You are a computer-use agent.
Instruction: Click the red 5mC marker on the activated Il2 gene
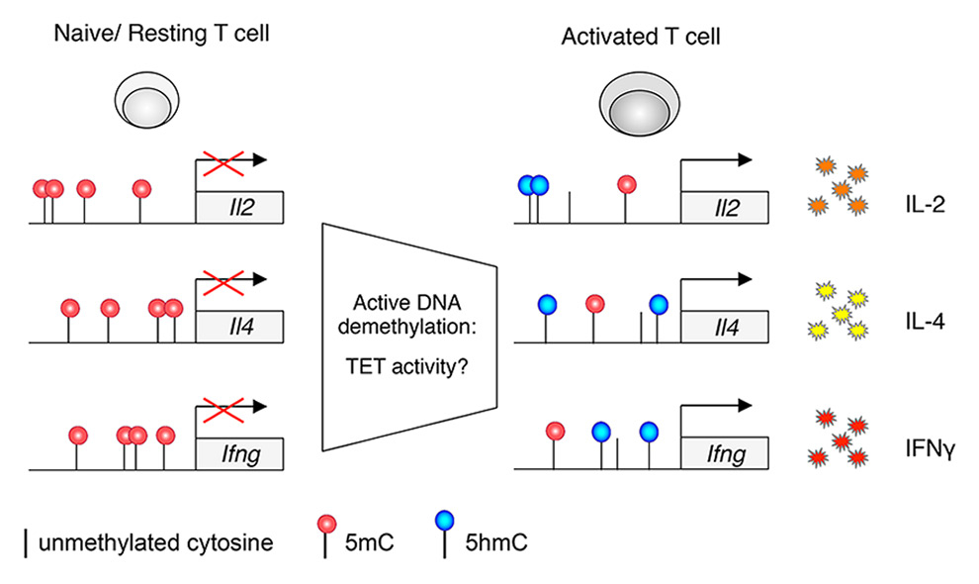click(x=625, y=185)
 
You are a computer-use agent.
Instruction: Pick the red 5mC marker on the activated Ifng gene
click(x=556, y=431)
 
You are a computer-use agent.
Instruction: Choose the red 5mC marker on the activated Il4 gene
click(x=593, y=304)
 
